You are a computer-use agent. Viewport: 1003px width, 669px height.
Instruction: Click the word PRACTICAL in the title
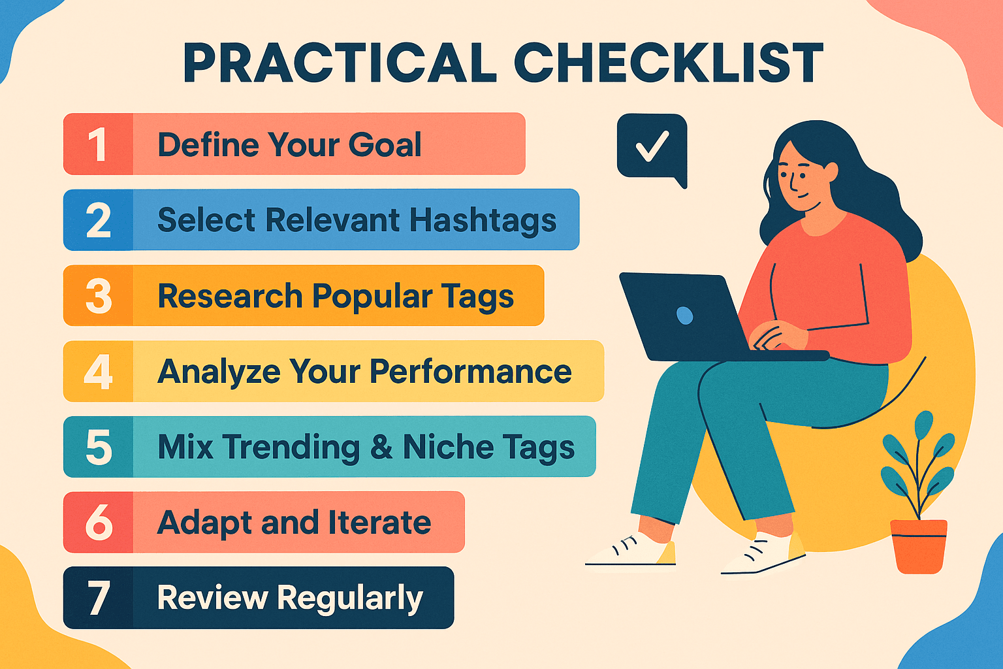click(x=340, y=63)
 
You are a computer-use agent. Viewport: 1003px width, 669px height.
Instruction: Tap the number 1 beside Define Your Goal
click(x=98, y=144)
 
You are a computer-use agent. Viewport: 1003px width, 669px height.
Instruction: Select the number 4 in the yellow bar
click(x=98, y=372)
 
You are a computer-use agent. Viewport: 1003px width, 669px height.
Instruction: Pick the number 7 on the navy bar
click(x=98, y=598)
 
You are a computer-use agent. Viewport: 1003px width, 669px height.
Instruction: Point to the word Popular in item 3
click(x=372, y=297)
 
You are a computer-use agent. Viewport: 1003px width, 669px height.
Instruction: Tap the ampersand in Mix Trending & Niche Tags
click(x=381, y=448)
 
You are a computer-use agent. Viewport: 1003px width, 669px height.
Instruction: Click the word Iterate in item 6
click(x=379, y=523)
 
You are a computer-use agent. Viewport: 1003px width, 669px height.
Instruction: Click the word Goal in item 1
click(x=385, y=144)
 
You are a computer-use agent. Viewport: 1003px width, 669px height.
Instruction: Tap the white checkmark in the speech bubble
click(x=652, y=146)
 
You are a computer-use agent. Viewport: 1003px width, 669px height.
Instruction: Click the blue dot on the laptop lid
click(x=684, y=316)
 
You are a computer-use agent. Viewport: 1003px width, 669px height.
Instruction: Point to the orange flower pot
click(x=919, y=546)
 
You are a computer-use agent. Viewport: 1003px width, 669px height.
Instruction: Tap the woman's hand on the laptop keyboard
click(x=777, y=336)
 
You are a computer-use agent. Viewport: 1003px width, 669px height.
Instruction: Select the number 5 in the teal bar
click(x=98, y=448)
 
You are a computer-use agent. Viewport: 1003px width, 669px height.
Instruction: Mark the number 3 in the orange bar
click(x=98, y=296)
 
